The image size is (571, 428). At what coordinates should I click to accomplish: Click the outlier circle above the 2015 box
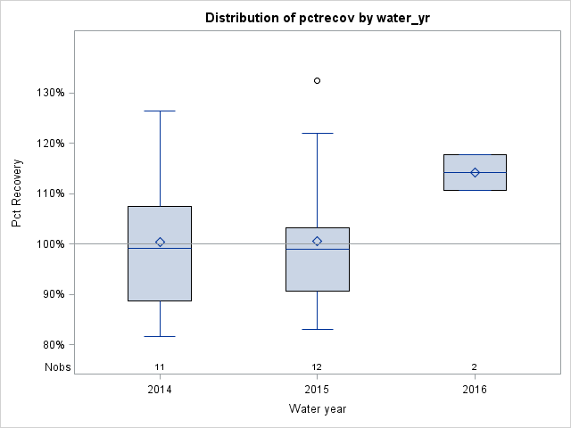tap(317, 80)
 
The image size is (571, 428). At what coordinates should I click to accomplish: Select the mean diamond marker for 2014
tap(160, 242)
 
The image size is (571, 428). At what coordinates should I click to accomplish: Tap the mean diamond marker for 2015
tap(317, 241)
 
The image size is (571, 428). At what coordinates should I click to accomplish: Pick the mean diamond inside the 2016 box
tap(475, 172)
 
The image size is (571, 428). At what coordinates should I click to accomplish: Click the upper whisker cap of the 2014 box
tap(160, 111)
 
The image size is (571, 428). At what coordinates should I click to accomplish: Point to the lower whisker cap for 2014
tap(160, 336)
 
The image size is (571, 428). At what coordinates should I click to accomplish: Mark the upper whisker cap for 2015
tap(317, 133)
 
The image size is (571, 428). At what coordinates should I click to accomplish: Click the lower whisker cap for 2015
tap(317, 329)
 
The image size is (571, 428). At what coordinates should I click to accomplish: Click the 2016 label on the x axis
tap(475, 390)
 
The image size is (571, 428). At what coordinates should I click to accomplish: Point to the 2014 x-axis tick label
tap(160, 390)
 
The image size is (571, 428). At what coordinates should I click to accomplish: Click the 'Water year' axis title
tap(317, 409)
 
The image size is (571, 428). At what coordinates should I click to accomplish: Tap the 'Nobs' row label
tap(55, 366)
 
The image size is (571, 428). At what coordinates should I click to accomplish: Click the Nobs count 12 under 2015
tap(317, 366)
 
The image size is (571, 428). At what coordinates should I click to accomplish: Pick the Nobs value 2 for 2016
tap(475, 366)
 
